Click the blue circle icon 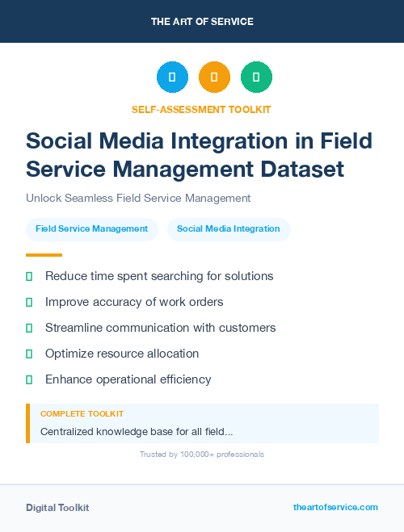pyautogui.click(x=172, y=77)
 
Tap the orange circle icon pyautogui.click(x=214, y=77)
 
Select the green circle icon pyautogui.click(x=256, y=77)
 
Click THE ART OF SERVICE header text pyautogui.click(x=202, y=22)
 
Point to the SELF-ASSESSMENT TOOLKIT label pyautogui.click(x=201, y=109)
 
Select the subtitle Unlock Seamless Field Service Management pyautogui.click(x=138, y=198)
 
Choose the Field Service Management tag pyautogui.click(x=91, y=228)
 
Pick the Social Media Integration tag pyautogui.click(x=229, y=228)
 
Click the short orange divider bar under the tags pyautogui.click(x=39, y=254)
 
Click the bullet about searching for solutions pyautogui.click(x=159, y=276)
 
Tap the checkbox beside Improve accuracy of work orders pyautogui.click(x=29, y=302)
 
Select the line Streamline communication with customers pyautogui.click(x=160, y=328)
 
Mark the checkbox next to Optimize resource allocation pyautogui.click(x=29, y=354)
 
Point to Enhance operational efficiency pyautogui.click(x=128, y=379)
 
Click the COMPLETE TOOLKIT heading pyautogui.click(x=82, y=413)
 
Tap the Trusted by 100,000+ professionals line pyautogui.click(x=202, y=455)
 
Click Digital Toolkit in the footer pyautogui.click(x=57, y=508)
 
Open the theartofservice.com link pyautogui.click(x=335, y=507)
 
